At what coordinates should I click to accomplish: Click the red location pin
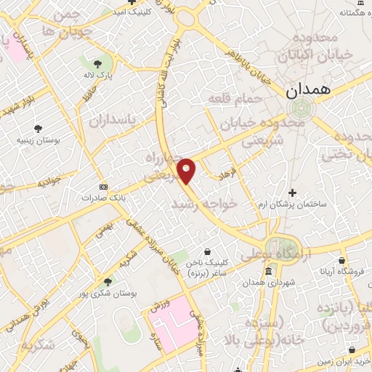[187, 170]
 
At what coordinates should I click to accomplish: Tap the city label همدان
[308, 91]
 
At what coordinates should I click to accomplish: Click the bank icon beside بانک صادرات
[102, 186]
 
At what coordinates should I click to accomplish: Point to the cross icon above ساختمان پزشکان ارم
[293, 193]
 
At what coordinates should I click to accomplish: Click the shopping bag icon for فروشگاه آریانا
[341, 259]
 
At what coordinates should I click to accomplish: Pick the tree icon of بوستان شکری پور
[108, 281]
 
